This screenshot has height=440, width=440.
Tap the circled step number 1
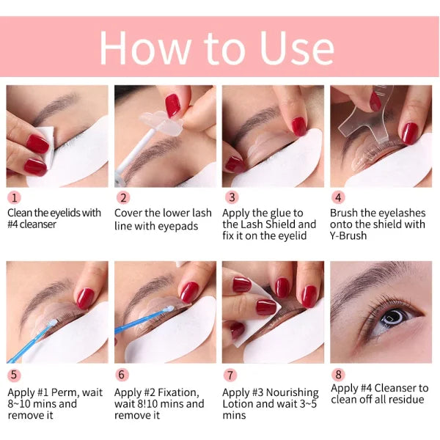[x=14, y=197]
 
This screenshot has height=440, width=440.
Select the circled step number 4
[x=338, y=197]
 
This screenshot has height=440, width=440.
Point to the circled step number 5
[x=14, y=375]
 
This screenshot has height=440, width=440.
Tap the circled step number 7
[x=230, y=375]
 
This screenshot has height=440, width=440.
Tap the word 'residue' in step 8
[x=406, y=400]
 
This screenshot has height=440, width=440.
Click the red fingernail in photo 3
[x=298, y=126]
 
